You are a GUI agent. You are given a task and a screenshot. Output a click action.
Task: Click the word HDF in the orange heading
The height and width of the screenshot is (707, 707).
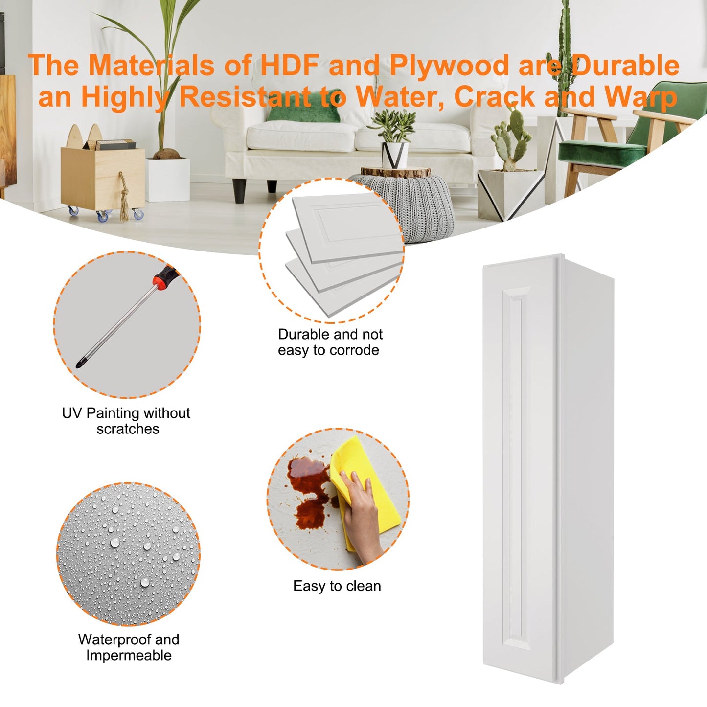pyautogui.click(x=290, y=65)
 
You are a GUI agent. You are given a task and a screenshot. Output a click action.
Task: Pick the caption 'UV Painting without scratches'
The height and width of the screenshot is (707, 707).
pyautogui.click(x=126, y=421)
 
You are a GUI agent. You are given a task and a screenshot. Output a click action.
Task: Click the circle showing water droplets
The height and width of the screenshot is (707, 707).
pyautogui.click(x=128, y=554)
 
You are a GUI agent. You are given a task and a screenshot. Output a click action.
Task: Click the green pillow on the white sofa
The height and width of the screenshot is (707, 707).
pyautogui.click(x=304, y=106)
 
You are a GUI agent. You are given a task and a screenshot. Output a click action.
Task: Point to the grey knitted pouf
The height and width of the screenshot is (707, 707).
pyautogui.click(x=407, y=205)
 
